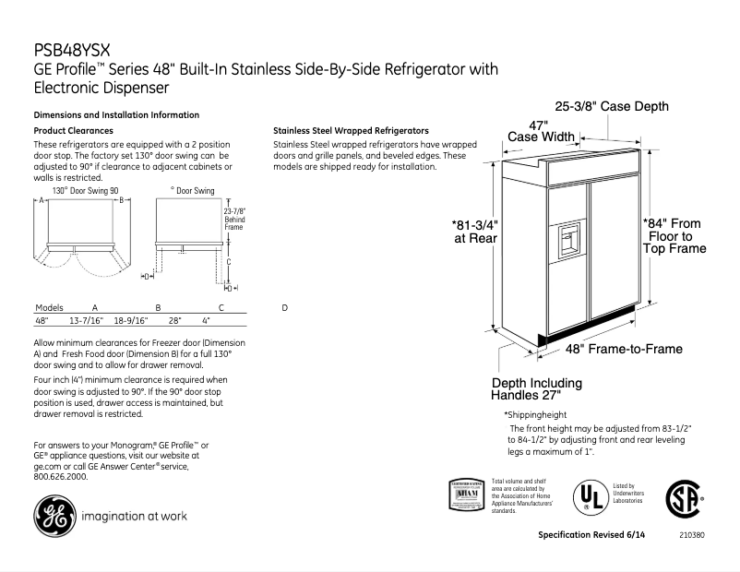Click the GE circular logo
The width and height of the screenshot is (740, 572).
coord(52,516)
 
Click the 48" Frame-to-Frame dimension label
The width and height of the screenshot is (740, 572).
coord(624,349)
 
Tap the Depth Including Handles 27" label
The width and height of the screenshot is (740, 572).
coord(537,388)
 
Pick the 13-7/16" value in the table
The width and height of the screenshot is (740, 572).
coord(86,320)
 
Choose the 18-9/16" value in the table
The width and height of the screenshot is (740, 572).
coord(131,320)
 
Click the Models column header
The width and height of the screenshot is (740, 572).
coord(48,306)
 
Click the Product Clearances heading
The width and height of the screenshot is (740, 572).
coord(73,131)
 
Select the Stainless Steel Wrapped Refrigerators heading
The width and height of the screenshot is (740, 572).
coord(352,131)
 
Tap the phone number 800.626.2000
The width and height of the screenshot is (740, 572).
coord(61,477)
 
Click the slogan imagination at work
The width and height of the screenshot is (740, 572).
coord(135,516)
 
